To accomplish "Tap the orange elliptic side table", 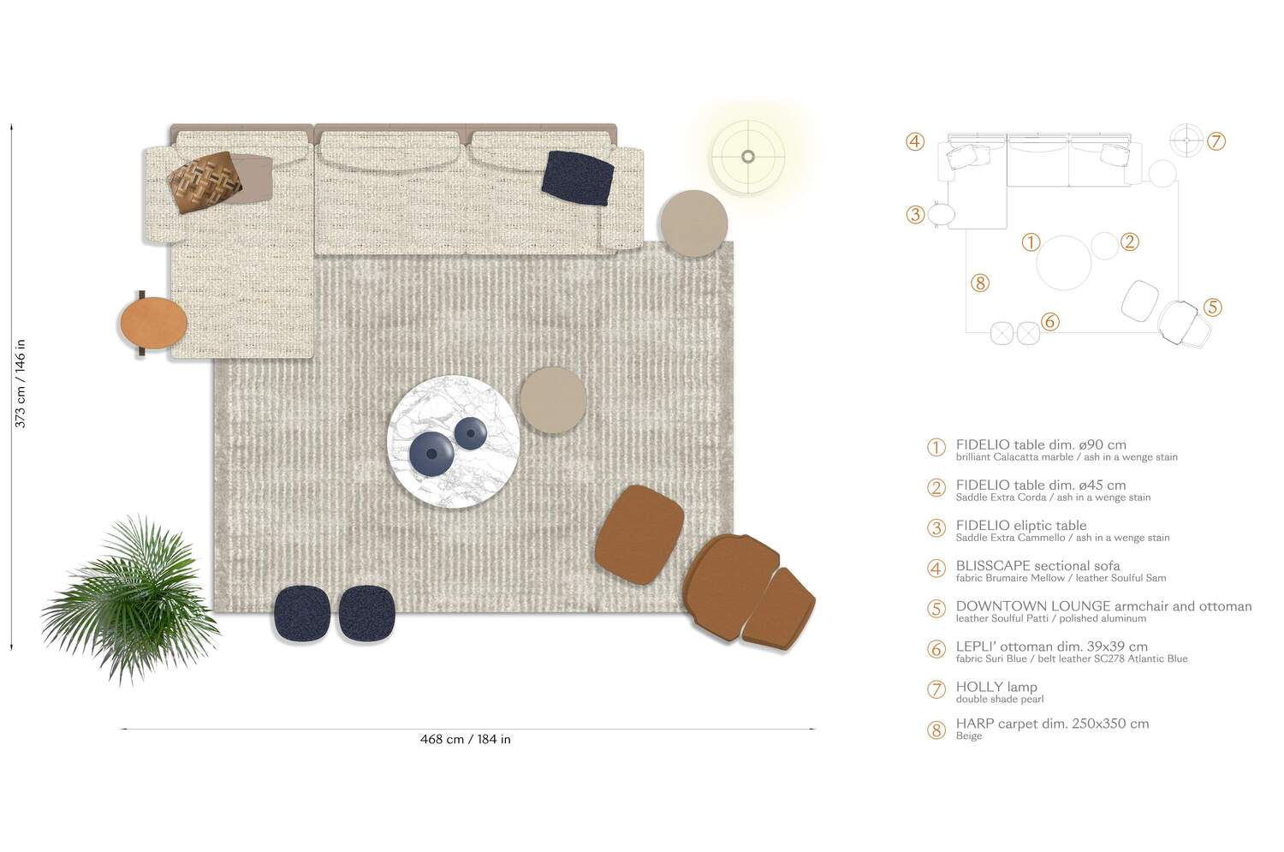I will point(153,322).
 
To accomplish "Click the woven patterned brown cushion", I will point(200,182).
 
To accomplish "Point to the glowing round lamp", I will point(747,156).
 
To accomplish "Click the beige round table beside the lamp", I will point(693,223).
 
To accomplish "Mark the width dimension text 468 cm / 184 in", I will point(465,739).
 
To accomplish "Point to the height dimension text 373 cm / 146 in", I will point(21,383).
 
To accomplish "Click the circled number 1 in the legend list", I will point(936,448).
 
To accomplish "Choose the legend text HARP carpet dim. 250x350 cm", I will point(1052,724).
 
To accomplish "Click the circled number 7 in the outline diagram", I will point(1216,141).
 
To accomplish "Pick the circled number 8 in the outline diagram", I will point(980,283).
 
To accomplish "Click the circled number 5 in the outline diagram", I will point(1211,307).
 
